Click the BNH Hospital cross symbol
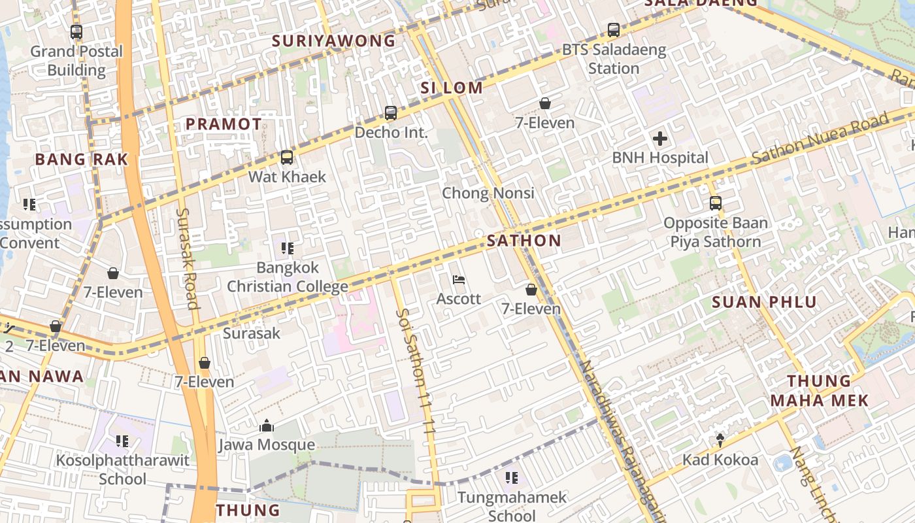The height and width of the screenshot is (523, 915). [x=660, y=139]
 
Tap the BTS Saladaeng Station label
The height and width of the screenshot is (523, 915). [x=614, y=59]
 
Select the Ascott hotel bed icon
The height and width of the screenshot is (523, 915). [x=459, y=280]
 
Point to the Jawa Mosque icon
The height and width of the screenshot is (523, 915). [x=266, y=426]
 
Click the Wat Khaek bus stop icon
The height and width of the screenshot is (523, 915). [x=286, y=157]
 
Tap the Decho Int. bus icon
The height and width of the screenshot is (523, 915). [x=391, y=112]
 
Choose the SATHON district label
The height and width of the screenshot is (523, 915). [x=524, y=241]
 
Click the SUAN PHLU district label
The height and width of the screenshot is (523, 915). [x=764, y=302]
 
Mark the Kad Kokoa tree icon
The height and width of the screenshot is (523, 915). [x=720, y=441]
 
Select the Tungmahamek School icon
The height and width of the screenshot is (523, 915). [x=512, y=478]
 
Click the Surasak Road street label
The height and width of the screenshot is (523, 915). [x=187, y=258]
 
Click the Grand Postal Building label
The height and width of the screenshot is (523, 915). [x=76, y=61]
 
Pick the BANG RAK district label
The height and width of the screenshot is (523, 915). [x=81, y=160]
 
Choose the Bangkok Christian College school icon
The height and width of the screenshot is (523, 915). [x=288, y=248]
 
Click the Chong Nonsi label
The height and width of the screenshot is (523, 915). [x=488, y=193]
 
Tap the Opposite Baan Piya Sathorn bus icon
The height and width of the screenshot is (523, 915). [x=716, y=203]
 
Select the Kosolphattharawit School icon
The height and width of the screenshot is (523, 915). [x=122, y=441]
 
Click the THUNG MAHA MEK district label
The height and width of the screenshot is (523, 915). [x=819, y=391]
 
